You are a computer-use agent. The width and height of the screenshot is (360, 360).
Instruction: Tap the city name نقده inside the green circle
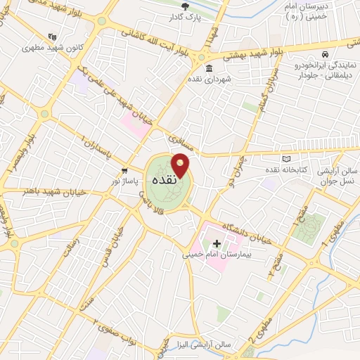(x=167, y=181)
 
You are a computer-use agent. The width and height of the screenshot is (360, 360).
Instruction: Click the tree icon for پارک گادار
(x=185, y=7)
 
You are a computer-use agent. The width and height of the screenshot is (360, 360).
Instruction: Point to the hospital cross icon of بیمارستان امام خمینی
(x=217, y=243)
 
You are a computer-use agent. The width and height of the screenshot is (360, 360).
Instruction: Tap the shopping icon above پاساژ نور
(x=124, y=171)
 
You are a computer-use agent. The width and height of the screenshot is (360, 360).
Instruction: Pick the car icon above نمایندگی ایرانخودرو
(x=325, y=54)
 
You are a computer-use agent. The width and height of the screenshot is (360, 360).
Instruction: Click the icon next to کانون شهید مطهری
(x=52, y=37)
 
